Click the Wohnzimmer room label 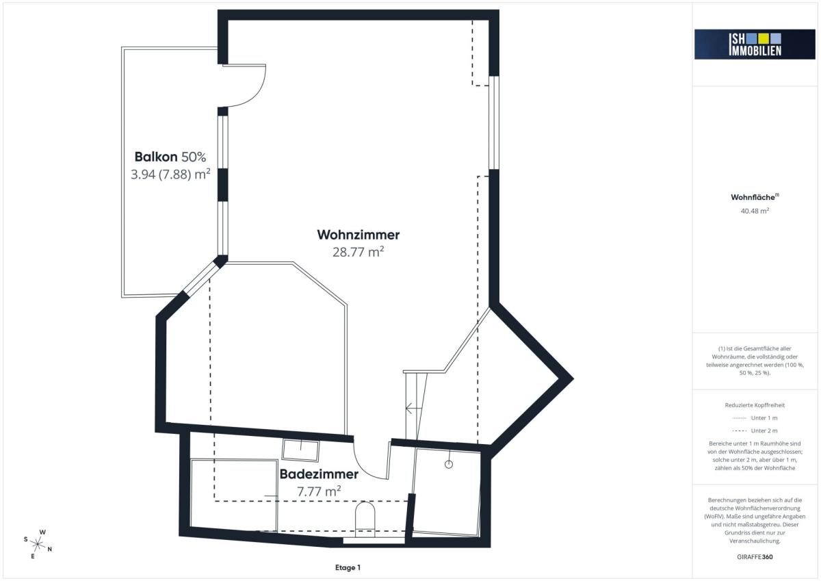coord(358,235)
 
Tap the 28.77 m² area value coord(358,252)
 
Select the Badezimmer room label coord(319,474)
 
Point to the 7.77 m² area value coord(319,491)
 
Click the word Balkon coord(156,157)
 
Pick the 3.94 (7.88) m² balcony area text coord(170,174)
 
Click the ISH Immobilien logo coord(755,44)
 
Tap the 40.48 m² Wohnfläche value coord(755,211)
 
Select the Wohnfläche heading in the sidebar coord(755,197)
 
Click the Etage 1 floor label coord(348,567)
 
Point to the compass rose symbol coord(38,545)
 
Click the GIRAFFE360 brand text coord(755,557)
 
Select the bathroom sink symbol coord(300,450)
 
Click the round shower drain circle coord(449,465)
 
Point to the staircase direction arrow coord(413,408)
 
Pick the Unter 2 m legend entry coord(755,430)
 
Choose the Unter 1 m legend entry coord(755,418)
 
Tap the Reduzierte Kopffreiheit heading coord(755,405)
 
